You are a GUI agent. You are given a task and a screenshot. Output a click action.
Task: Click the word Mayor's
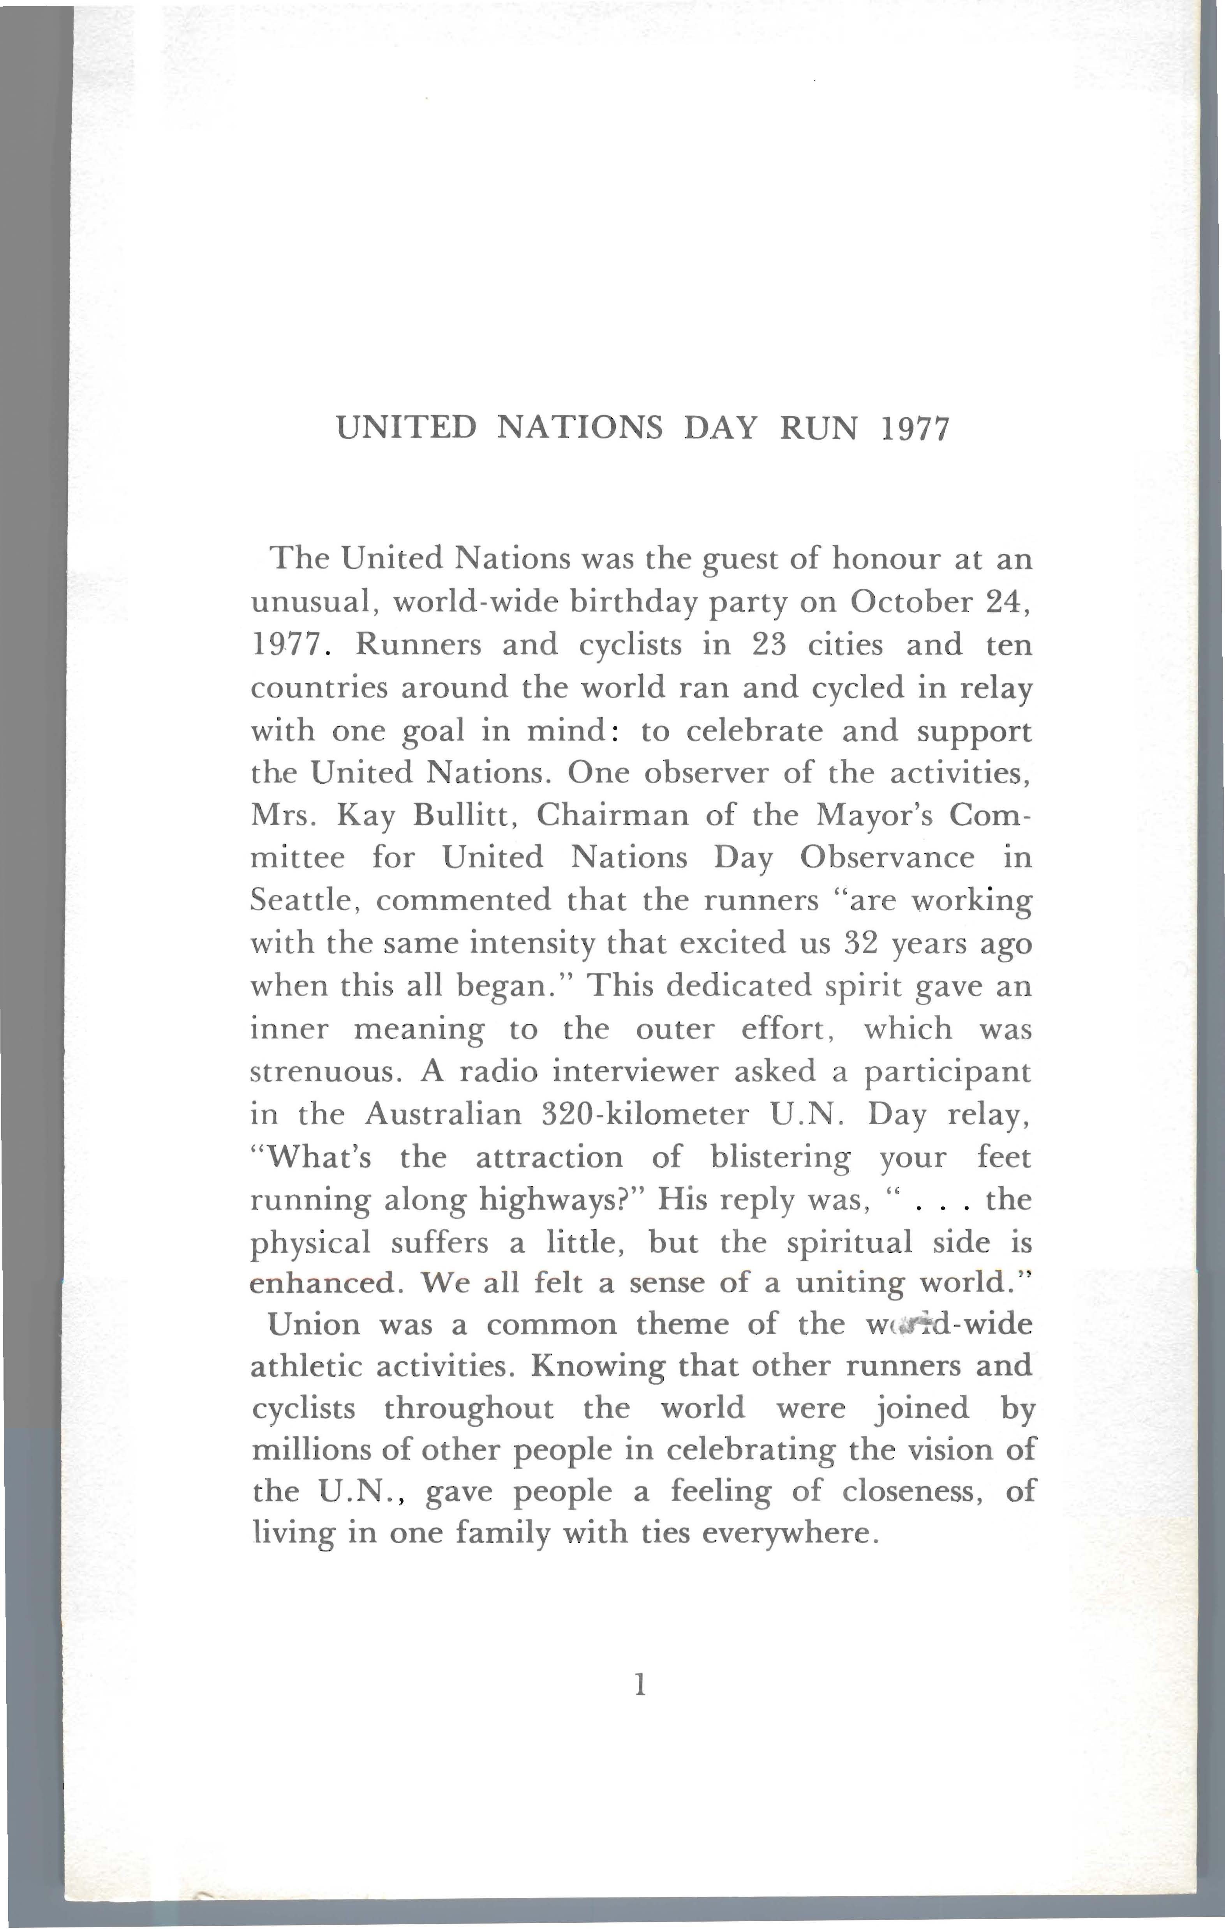870,815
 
